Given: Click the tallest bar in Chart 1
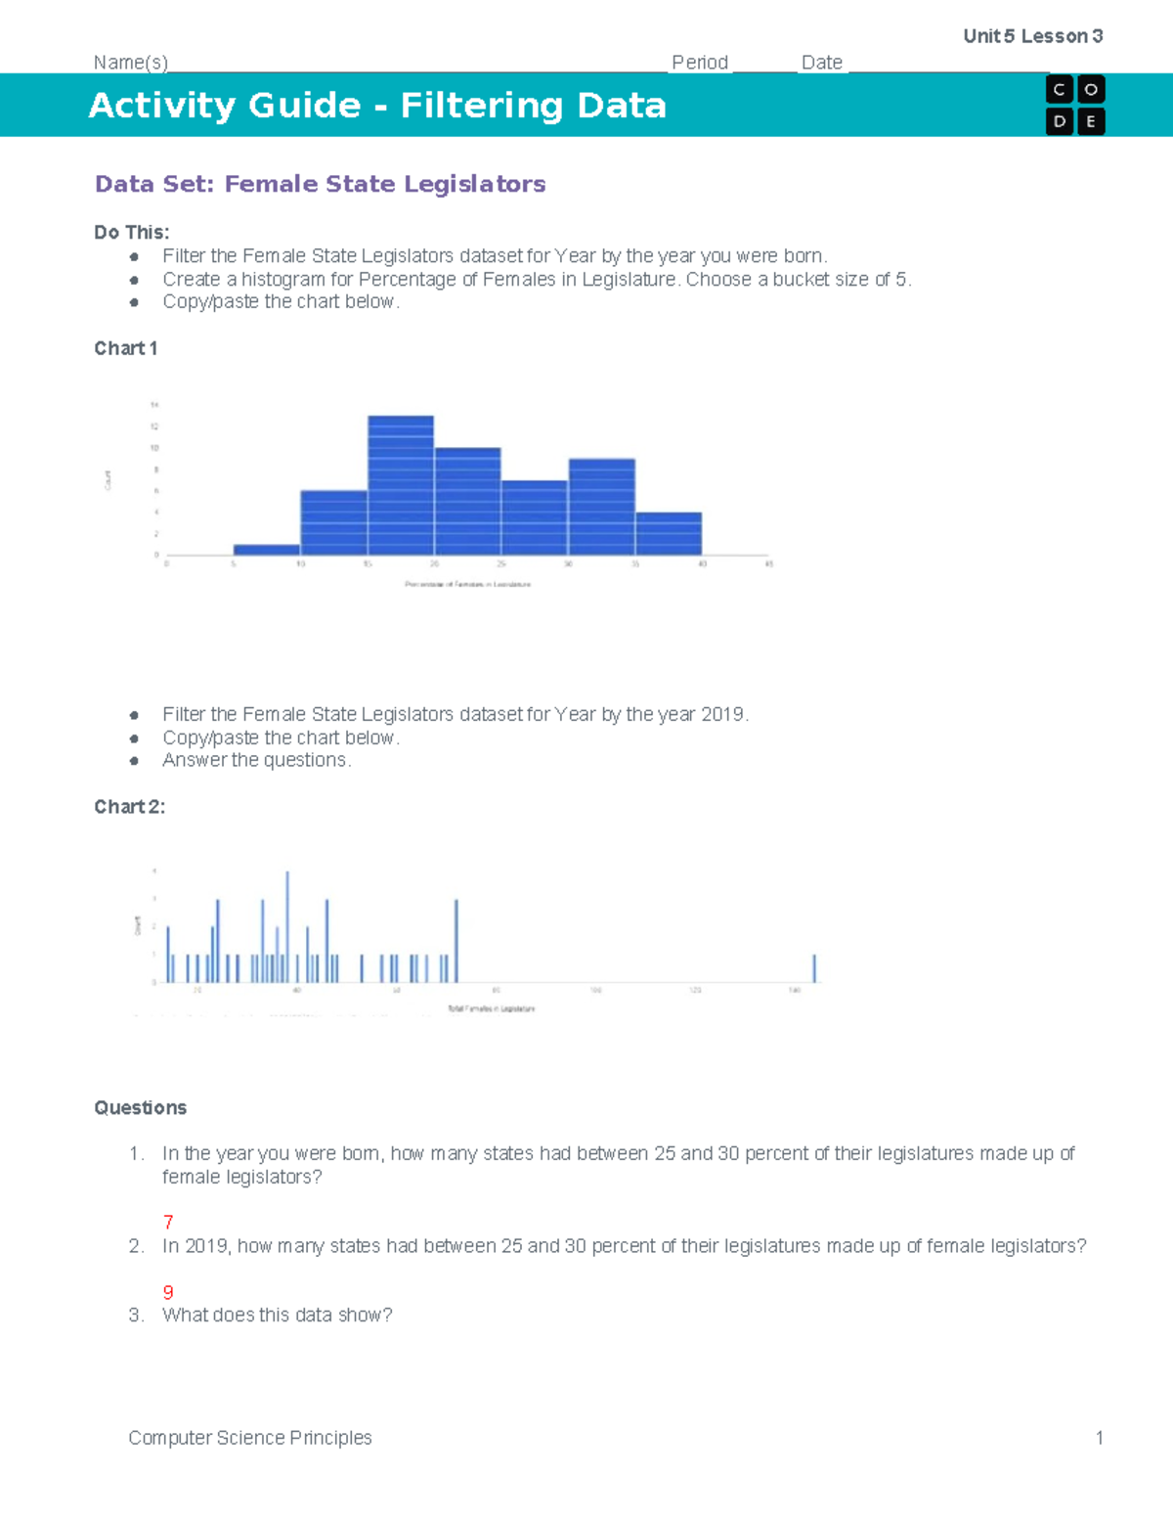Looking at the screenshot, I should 401,485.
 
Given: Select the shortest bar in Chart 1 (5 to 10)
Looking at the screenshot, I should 267,550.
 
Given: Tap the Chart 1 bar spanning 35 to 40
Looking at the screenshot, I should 669,533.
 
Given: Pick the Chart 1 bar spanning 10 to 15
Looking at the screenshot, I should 333,522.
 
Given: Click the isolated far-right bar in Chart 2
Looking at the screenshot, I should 814,968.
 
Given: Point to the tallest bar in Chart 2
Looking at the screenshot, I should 287,926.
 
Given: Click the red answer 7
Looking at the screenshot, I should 168,1222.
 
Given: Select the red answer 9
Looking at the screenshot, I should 168,1292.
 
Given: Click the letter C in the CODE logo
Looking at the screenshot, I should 1060,90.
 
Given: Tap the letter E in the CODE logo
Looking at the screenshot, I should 1091,122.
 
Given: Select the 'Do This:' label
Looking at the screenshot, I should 132,233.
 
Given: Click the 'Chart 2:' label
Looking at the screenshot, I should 130,807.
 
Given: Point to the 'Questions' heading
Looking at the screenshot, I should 140,1108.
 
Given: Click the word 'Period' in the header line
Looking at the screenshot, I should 700,63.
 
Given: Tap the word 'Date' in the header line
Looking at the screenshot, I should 822,63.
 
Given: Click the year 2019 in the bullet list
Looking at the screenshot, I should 722,715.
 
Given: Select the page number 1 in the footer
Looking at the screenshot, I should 1100,1438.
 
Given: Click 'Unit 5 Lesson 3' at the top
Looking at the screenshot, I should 1033,36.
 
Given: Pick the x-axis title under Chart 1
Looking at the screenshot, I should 467,584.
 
